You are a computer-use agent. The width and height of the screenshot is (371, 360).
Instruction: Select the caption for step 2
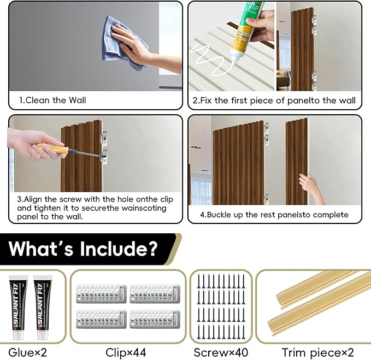tap(274, 101)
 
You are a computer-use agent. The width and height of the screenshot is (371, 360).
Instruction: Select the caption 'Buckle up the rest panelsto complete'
tap(274, 215)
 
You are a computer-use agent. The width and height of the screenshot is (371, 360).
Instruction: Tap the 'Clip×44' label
tap(126, 352)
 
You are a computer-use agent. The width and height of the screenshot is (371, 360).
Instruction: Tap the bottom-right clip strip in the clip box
tap(155, 318)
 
